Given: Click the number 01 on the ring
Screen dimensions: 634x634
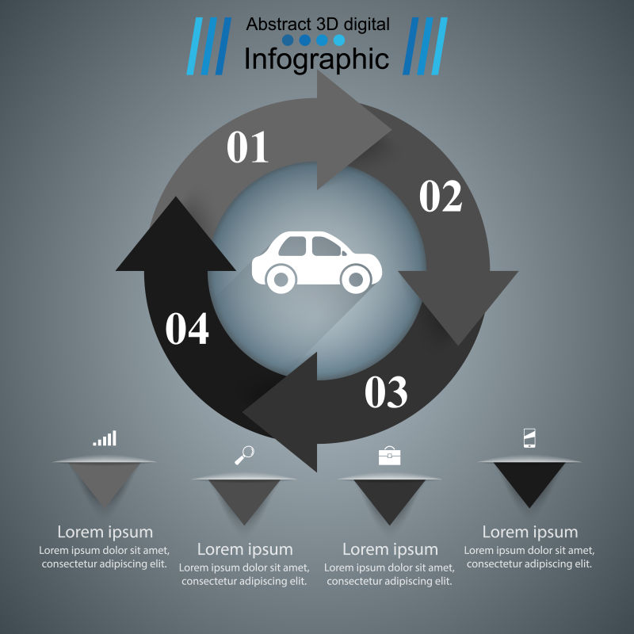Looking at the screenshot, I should coord(248,147).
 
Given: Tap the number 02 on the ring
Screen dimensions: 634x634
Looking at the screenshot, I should coord(441,197).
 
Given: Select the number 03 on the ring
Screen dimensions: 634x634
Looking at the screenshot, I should coord(386,391).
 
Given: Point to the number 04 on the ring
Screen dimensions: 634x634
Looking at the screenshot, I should coord(187,329).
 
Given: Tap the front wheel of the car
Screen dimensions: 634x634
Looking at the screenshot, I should coord(354,278).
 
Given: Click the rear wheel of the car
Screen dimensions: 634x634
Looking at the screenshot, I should coord(280,278).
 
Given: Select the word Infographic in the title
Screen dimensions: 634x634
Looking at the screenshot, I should coord(316,59).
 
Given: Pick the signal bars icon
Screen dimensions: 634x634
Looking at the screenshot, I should coord(105,438).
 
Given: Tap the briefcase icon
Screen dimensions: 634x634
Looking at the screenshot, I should coord(389,456).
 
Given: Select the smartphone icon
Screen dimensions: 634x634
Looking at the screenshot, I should coord(529,438).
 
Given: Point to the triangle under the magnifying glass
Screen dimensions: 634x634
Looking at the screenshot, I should coord(244,498).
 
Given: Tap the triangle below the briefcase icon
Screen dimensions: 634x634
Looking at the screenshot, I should coord(389,498).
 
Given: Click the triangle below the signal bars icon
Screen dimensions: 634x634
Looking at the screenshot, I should coord(105,481).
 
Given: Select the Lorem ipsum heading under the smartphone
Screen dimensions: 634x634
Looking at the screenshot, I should coord(530,532).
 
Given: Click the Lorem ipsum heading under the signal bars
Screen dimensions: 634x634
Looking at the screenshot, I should coord(105,532).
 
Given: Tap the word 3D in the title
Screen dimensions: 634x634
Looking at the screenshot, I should coord(327,25).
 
